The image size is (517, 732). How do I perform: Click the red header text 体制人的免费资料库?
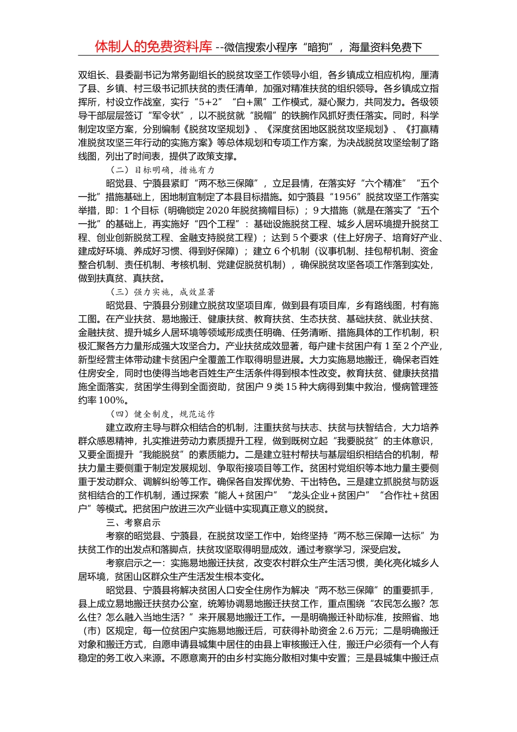click(153, 47)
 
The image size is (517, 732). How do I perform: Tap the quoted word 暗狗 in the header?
click(318, 47)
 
